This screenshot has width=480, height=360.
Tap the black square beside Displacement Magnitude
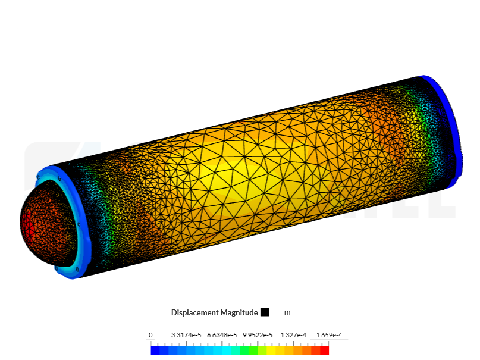(x=265, y=312)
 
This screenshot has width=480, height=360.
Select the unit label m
(x=287, y=312)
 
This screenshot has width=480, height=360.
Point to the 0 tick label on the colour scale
(x=150, y=335)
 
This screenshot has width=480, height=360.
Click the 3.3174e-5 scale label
(x=186, y=335)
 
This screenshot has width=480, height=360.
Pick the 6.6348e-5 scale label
(x=222, y=335)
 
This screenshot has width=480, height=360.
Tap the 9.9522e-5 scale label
(x=258, y=335)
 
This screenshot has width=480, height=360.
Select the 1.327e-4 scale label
(x=293, y=335)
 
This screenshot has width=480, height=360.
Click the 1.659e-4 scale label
(x=329, y=335)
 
